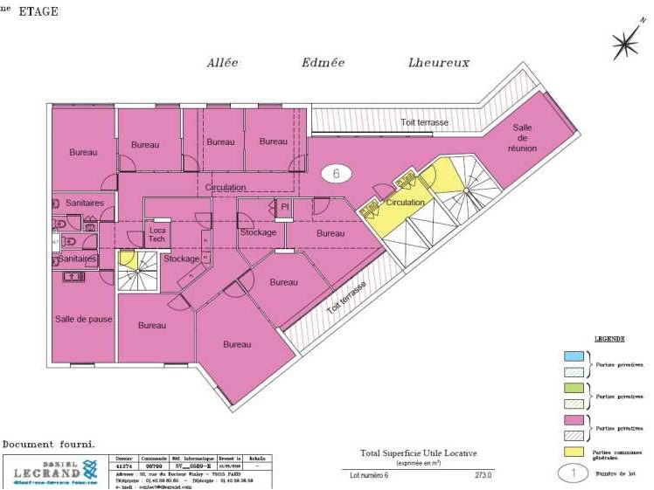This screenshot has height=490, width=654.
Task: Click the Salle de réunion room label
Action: point(522,138)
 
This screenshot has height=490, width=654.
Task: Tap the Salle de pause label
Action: point(83,319)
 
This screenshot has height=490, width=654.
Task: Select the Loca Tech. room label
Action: point(157,233)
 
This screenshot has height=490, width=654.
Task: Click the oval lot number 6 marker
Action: point(337,173)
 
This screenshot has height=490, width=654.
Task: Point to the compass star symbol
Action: point(626,43)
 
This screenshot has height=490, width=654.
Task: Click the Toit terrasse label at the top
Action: point(425,123)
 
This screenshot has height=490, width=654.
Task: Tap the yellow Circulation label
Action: point(405,203)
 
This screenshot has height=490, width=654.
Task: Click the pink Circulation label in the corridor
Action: point(226,187)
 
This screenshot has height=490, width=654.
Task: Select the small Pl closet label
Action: point(284,206)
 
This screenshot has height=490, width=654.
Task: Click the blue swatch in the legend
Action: point(574,356)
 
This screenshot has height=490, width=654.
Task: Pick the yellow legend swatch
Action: point(574,451)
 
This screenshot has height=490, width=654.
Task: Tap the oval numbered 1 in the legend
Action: point(574,474)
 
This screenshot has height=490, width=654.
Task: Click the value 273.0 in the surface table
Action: point(483,475)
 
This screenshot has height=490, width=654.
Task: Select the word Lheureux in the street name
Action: point(438,62)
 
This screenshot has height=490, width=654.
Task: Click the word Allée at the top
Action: point(222,62)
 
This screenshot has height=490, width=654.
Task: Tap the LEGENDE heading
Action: point(609,338)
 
